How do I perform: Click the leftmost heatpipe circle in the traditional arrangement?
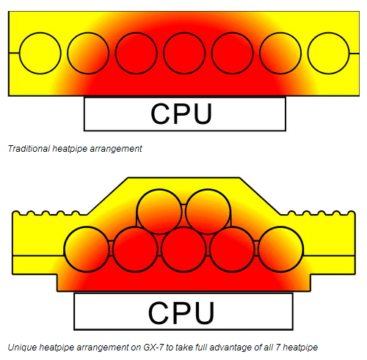coord(40,53)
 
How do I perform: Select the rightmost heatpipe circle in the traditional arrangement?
coord(328,53)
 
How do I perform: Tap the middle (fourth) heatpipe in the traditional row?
coord(184,53)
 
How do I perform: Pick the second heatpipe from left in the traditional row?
coord(88,53)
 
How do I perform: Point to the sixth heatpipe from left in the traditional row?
coord(280,53)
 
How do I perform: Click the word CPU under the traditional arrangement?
coord(181,114)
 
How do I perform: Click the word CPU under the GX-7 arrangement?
coord(181,313)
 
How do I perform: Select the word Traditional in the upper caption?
coord(29,149)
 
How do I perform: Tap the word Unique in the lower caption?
coord(22,348)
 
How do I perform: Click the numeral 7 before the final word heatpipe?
coord(278,348)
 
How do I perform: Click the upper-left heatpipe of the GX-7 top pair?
coord(159,212)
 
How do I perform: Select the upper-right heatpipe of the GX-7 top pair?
coord(208,212)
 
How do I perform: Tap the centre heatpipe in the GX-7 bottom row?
coord(183,249)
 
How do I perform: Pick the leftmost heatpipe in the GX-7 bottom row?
coord(87,249)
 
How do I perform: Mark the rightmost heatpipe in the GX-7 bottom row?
coord(280,249)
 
